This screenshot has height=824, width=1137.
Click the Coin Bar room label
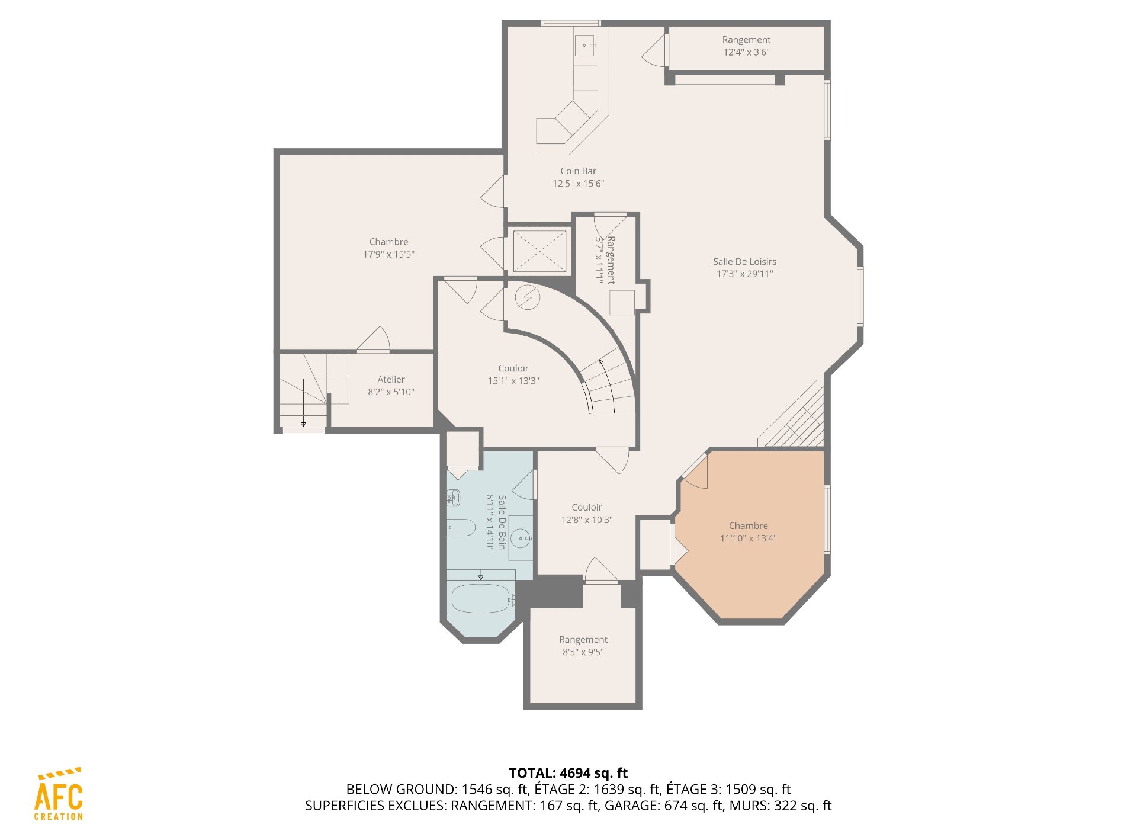[578, 171]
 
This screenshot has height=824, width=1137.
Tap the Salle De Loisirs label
[744, 261]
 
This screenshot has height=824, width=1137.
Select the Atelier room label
[391, 379]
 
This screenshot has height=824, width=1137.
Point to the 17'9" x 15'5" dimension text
[388, 254]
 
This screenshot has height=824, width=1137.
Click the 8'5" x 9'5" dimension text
[583, 652]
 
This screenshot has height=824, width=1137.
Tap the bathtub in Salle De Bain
[481, 598]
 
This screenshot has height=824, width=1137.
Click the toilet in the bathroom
[460, 527]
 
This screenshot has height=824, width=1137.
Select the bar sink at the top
[585, 46]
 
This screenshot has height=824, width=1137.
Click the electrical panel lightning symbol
[527, 297]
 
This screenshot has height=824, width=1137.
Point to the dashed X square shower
[539, 251]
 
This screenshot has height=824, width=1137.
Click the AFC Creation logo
[59, 794]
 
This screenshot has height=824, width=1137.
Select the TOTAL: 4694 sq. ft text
[568, 773]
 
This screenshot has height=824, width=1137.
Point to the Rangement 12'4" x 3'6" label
[746, 46]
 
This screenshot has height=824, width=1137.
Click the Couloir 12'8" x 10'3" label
[587, 514]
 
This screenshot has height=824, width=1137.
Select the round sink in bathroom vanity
[521, 538]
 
